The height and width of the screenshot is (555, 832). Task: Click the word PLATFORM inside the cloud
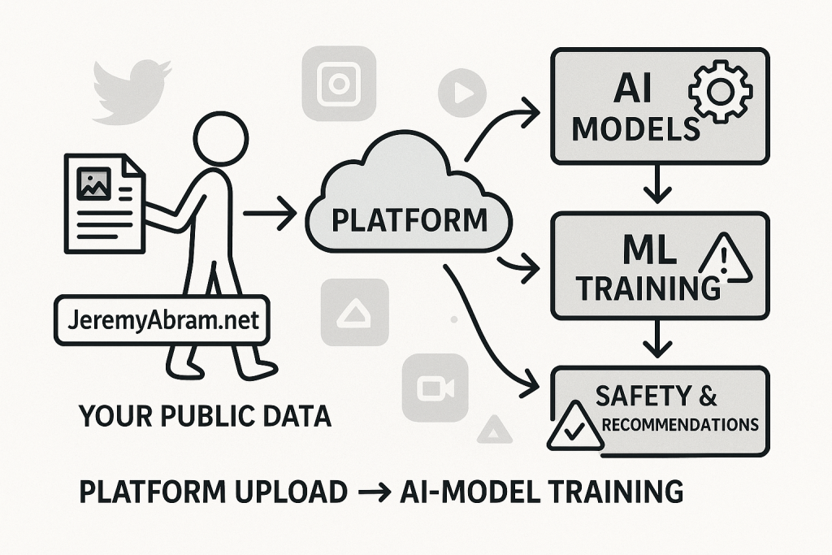409,219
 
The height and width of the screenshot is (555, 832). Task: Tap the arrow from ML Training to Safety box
657,342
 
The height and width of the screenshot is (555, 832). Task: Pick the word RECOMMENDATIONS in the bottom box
681,424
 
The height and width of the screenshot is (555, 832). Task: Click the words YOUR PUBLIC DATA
205,417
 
